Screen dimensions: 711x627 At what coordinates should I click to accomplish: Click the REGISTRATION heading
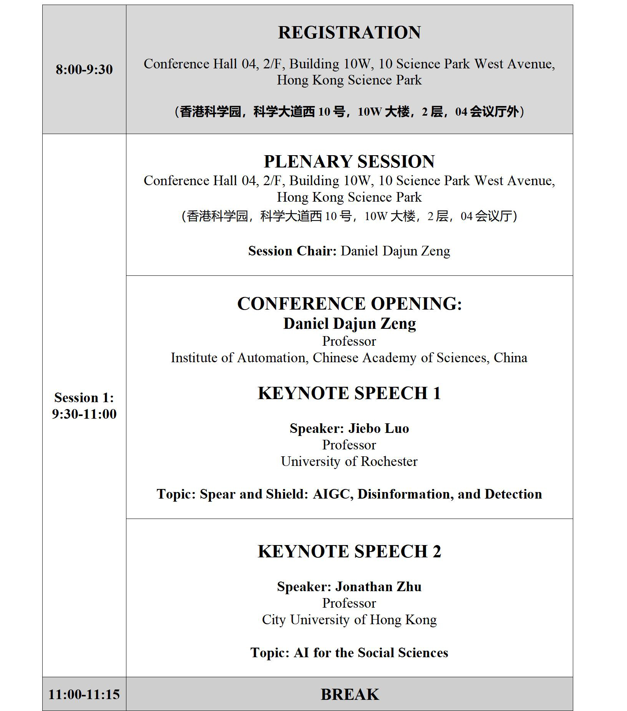point(349,33)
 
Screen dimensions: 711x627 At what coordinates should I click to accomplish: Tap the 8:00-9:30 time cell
point(84,70)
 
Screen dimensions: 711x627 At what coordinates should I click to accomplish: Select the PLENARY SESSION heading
point(349,161)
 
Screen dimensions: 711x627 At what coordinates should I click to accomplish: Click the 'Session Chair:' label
point(292,251)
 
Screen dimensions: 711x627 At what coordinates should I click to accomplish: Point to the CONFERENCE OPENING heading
point(349,304)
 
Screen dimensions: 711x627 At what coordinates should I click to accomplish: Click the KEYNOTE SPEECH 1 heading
point(349,393)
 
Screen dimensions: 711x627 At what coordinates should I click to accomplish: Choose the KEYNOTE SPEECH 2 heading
point(349,552)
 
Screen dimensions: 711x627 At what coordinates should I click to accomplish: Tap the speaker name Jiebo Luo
point(378,428)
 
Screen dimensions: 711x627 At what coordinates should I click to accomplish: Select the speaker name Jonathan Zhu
point(378,587)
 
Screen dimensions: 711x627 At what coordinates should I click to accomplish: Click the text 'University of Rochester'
point(349,461)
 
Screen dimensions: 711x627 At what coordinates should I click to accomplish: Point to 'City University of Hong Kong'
point(349,620)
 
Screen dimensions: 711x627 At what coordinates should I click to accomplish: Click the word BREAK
point(350,694)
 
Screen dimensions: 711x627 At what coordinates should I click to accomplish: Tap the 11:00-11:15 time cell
point(84,694)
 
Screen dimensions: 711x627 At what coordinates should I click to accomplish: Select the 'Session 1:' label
point(84,398)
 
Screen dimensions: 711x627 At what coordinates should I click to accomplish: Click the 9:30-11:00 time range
point(84,414)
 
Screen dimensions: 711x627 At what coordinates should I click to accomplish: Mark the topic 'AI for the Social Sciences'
point(371,653)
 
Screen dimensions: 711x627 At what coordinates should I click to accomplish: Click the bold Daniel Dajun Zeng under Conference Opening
point(349,323)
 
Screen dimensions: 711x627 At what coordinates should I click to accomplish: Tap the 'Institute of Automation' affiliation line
point(349,358)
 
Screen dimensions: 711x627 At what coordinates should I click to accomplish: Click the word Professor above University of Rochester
point(349,445)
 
